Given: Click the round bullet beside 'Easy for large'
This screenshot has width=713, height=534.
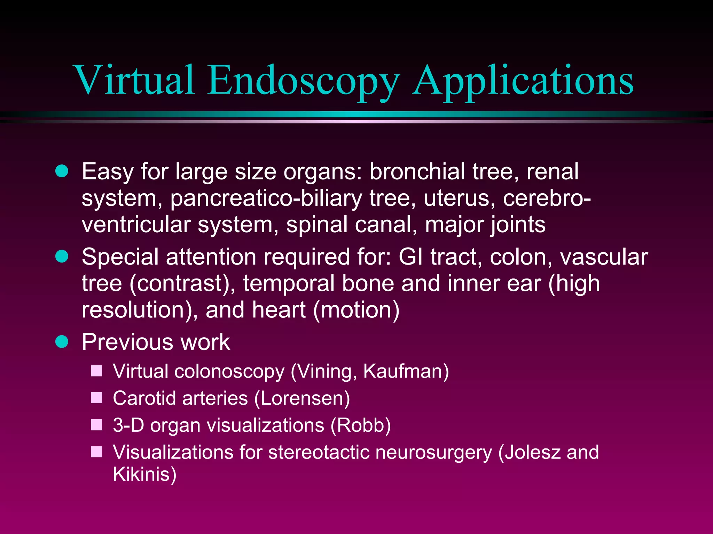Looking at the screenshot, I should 62,171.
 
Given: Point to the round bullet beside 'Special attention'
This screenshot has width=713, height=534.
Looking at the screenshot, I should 62,257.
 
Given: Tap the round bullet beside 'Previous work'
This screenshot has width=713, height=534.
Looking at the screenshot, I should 62,342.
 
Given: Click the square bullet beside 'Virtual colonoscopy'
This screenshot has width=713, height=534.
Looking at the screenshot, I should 96,371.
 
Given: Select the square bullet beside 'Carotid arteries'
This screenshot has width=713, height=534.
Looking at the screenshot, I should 96,398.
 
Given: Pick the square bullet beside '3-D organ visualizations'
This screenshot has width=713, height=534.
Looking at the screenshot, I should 96,425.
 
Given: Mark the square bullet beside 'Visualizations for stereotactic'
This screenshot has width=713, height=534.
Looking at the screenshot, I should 96,452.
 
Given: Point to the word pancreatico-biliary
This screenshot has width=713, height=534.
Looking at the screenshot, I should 266,198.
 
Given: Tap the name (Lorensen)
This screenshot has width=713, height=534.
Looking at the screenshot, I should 302,398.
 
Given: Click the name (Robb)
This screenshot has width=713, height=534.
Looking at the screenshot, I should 361,425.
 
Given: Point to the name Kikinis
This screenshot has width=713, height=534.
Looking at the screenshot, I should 145,474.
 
